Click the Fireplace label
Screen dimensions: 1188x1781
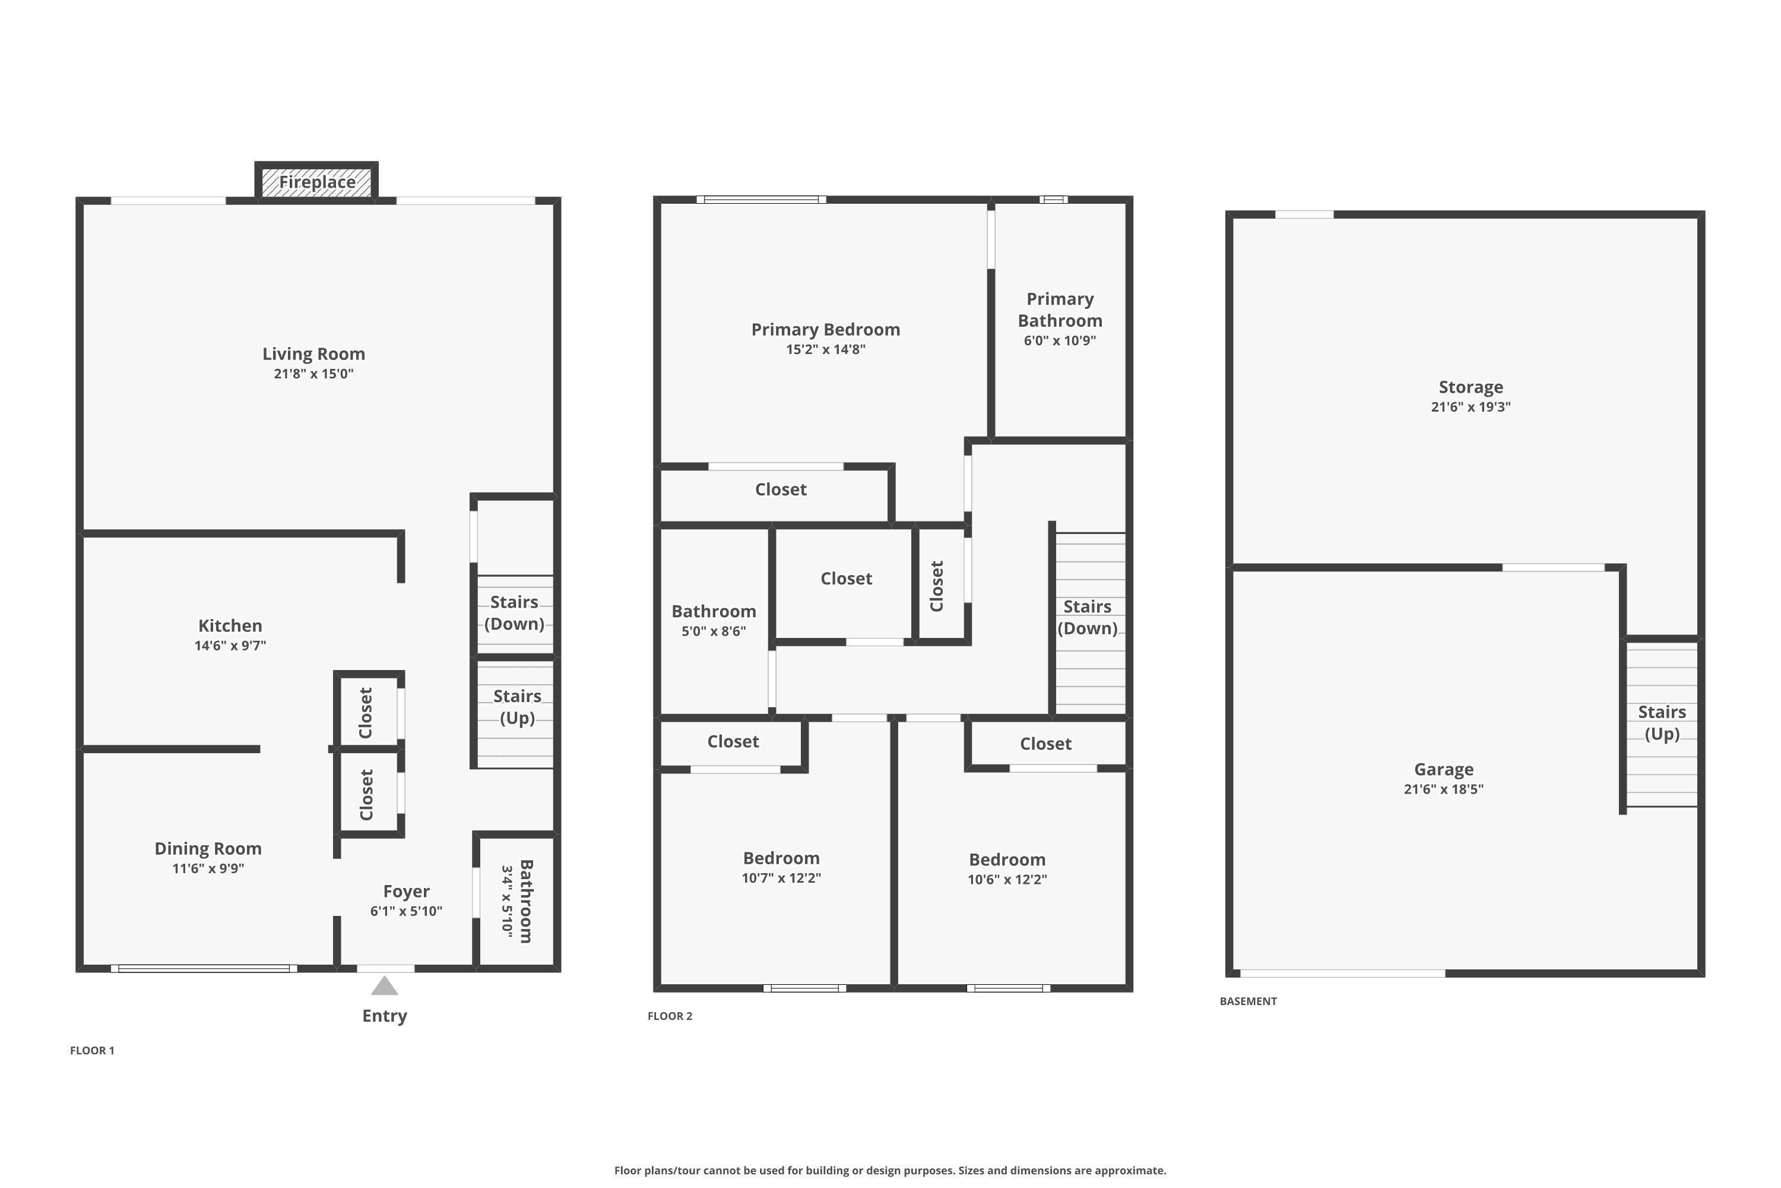pos(317,182)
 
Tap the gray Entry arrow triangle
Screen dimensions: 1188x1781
pos(385,987)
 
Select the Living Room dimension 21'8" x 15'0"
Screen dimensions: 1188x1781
pos(313,374)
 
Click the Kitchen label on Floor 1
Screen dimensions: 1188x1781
pos(230,626)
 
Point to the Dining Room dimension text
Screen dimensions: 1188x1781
pos(208,868)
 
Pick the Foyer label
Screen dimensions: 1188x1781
pos(406,891)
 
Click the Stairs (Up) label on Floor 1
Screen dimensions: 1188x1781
pos(517,707)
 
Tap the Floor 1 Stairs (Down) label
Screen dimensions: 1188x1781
pos(514,613)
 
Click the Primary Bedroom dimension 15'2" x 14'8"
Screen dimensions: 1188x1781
pos(825,349)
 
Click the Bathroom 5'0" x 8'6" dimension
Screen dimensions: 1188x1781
pos(714,631)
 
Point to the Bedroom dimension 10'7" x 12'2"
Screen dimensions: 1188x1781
pos(781,878)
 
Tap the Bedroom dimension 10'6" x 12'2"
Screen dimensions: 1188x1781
pos(1006,880)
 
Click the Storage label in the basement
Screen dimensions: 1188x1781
pos(1471,387)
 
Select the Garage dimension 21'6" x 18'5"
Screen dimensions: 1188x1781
pos(1443,789)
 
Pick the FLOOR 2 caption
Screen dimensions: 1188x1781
pos(670,1016)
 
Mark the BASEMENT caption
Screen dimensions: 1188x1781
pos(1248,1001)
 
